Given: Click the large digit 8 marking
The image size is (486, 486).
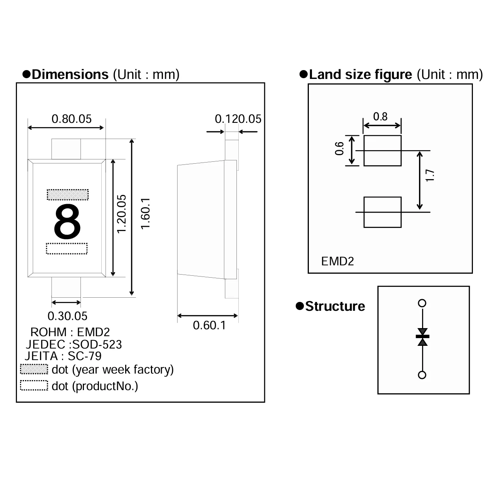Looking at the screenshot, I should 67,221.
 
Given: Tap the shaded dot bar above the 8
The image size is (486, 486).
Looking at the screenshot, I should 67,194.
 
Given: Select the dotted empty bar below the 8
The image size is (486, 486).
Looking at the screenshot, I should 67,249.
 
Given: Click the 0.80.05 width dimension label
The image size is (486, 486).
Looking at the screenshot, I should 72,119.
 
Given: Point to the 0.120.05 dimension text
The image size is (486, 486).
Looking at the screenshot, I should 238,119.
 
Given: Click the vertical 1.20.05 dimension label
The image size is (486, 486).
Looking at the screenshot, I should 122,214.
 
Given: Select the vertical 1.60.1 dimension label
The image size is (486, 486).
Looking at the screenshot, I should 146,214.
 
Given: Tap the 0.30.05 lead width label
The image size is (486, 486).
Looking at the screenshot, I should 67,316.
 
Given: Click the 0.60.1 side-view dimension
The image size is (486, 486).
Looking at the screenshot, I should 209,325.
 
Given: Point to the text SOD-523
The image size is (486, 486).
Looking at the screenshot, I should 97,344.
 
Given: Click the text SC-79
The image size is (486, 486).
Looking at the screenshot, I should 85,356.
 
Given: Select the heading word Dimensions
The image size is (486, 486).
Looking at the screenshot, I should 70,74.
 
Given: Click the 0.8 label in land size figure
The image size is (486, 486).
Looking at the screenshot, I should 380,116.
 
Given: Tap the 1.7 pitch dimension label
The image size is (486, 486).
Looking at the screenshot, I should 430,176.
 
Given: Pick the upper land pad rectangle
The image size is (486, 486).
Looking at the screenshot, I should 382,151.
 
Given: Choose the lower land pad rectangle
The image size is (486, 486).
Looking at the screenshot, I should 382,212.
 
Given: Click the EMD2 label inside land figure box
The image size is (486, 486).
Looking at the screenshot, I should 337,261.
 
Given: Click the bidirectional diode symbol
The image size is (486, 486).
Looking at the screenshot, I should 422,337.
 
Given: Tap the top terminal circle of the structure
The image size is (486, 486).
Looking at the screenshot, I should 422,303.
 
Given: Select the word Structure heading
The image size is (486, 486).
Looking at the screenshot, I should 335,307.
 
